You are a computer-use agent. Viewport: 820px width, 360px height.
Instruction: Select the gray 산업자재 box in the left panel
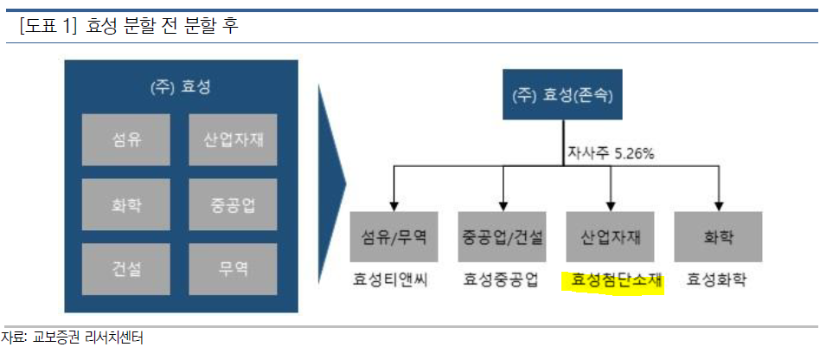[233, 138]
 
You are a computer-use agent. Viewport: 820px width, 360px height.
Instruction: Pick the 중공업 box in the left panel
[233, 204]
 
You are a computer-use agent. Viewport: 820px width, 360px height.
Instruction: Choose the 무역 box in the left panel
[233, 269]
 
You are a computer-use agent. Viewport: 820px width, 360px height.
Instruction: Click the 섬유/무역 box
[394, 236]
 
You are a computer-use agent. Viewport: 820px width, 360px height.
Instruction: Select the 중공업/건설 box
[503, 236]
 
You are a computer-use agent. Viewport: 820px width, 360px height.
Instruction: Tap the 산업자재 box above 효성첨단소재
[611, 236]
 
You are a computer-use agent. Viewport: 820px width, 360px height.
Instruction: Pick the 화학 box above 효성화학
[718, 236]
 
